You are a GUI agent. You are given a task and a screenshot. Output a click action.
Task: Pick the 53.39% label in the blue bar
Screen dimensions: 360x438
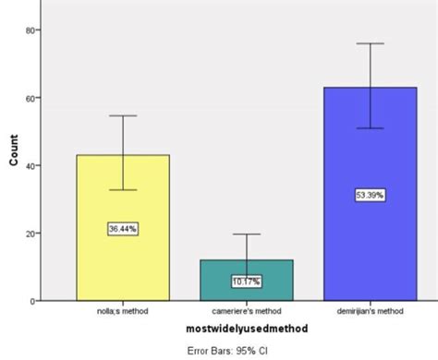(x=371, y=195)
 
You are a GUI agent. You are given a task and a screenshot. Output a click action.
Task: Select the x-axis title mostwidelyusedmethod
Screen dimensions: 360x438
(x=245, y=328)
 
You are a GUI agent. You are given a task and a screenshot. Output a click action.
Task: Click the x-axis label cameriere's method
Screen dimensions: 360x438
(x=247, y=311)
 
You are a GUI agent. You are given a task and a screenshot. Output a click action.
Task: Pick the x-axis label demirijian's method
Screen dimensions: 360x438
(x=371, y=311)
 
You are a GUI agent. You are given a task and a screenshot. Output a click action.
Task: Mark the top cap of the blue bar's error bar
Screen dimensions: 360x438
(x=371, y=43)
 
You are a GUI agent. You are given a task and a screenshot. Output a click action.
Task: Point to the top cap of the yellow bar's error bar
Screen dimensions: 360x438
(x=123, y=115)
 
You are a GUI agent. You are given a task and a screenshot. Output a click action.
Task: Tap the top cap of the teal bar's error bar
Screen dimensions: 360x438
(x=247, y=234)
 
